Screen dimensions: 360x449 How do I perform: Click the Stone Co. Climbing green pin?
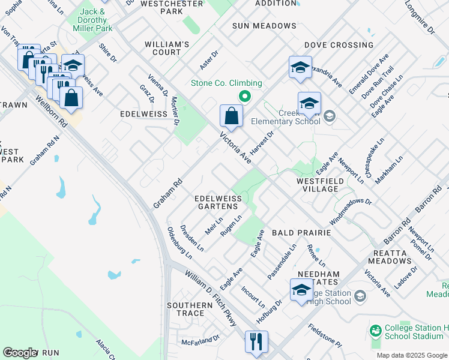pos(244,96)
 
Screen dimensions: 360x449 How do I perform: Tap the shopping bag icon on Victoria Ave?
pos(231,116)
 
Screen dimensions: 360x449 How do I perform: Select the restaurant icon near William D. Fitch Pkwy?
pos(256,342)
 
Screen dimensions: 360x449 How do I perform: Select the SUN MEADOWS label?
pos(264,26)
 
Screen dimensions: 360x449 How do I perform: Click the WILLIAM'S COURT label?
pos(167,49)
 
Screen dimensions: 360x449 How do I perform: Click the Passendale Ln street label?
pos(282,261)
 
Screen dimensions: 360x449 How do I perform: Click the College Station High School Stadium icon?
pos(376,331)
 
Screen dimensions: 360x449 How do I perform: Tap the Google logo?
pos(20,353)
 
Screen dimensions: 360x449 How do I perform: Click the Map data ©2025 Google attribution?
pos(412,355)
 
